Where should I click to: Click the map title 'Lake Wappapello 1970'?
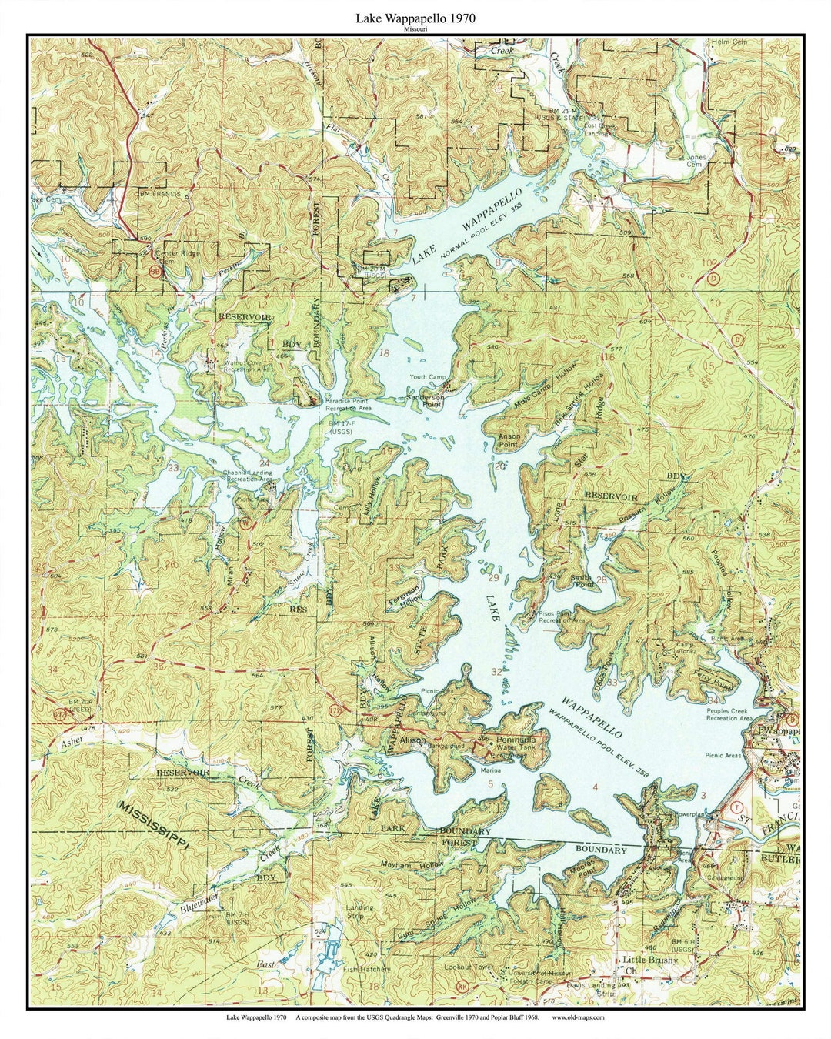pos(415,17)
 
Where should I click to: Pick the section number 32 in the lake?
pos(496,672)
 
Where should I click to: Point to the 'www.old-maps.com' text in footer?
pos(578,1017)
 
